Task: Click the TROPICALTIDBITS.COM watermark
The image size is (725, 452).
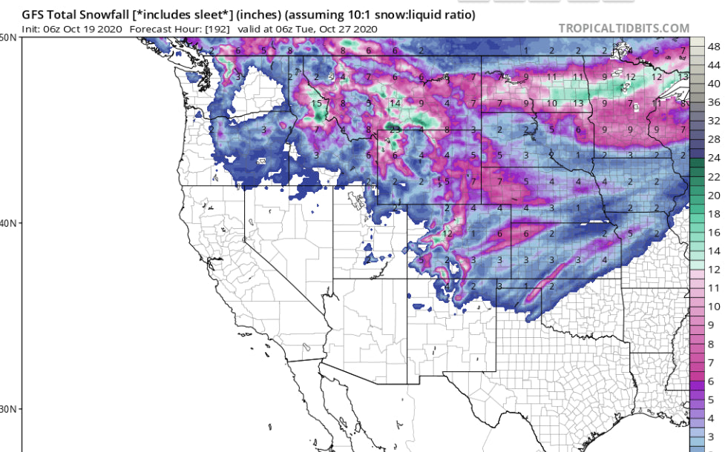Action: (x=623, y=29)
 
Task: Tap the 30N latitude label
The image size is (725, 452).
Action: (x=10, y=409)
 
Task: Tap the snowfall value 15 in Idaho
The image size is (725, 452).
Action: (x=317, y=103)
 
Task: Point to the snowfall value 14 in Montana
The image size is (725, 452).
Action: (x=396, y=103)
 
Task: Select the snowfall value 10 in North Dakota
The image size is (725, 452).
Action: (x=552, y=103)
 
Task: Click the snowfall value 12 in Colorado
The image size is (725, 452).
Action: (x=447, y=233)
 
